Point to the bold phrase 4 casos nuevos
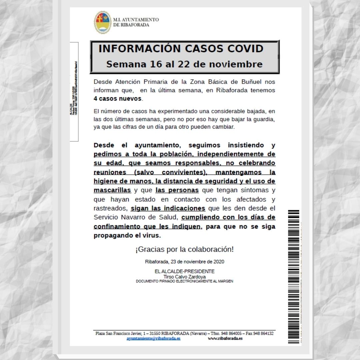point(118,99)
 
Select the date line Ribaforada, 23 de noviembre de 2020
point(184,262)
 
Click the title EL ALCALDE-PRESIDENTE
point(184,272)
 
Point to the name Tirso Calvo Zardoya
point(184,277)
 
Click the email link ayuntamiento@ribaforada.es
point(153,338)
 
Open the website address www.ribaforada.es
point(225,338)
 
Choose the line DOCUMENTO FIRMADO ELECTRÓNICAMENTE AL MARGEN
point(184,281)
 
